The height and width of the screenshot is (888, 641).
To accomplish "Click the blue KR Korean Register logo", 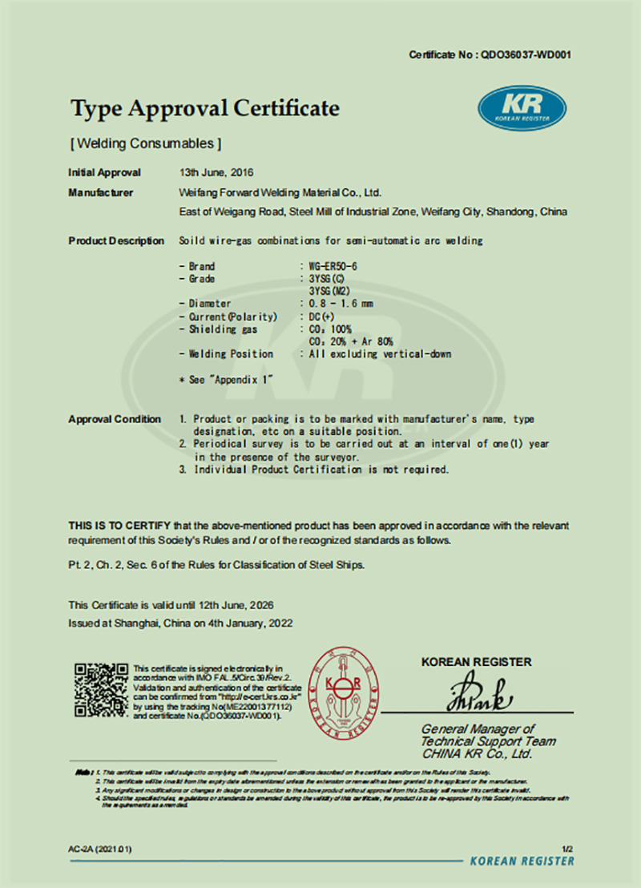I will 522,109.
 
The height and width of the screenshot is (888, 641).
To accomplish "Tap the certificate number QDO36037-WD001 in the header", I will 525,55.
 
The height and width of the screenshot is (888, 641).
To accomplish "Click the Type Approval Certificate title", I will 204,108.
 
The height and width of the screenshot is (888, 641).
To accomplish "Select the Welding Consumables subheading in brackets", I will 144,143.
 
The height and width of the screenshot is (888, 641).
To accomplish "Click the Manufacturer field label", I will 101,192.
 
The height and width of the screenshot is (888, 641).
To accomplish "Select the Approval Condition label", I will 115,419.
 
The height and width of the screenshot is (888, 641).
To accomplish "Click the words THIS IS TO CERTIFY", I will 119,526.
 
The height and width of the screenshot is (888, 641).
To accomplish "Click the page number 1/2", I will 568,847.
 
